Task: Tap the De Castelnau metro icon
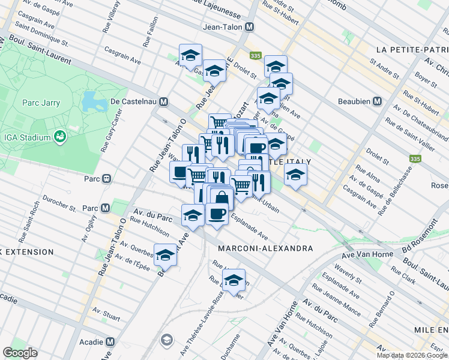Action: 163,102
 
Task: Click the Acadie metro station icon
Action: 110,341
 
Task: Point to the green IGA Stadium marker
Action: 60,137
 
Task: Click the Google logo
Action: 20,353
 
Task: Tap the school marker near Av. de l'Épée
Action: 166,254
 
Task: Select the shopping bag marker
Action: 222,197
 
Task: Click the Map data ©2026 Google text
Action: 411,355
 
